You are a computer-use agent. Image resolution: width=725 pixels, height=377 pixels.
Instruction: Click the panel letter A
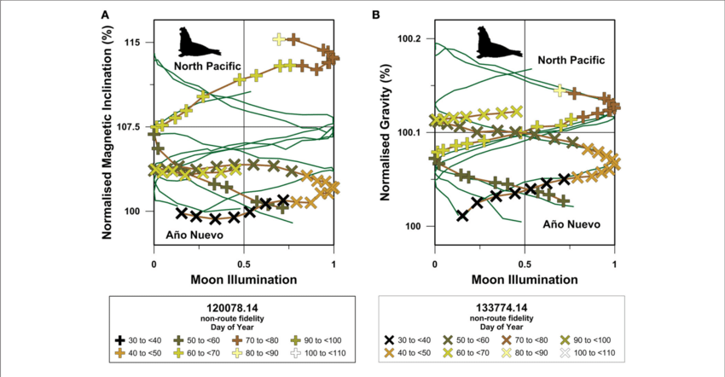point(105,15)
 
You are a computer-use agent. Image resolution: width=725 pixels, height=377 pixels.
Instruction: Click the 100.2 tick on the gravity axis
point(411,39)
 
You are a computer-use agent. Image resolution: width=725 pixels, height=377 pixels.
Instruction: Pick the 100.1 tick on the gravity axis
point(411,133)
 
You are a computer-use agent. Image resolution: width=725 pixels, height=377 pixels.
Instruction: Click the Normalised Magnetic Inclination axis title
point(108,133)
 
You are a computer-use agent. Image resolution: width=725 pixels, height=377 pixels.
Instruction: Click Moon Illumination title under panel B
point(525,279)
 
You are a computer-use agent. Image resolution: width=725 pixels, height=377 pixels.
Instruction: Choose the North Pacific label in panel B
point(571,61)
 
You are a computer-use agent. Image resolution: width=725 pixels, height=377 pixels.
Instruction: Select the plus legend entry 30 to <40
point(144,339)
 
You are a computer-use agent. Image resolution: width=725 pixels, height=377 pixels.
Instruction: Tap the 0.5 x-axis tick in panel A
point(244,264)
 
